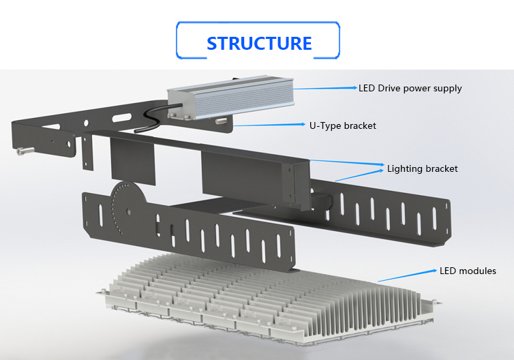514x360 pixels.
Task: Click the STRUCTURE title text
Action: pyautogui.click(x=258, y=43)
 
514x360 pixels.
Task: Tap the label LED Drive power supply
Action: pyautogui.click(x=410, y=88)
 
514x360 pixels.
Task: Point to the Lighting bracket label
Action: pyautogui.click(x=422, y=168)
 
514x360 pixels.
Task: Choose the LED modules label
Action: pyautogui.click(x=468, y=271)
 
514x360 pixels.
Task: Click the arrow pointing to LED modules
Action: pyautogui.click(x=406, y=275)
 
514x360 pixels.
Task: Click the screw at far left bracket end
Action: pyautogui.click(x=24, y=151)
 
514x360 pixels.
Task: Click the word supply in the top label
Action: pyautogui.click(x=448, y=89)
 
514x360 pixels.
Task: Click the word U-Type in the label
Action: pyautogui.click(x=324, y=125)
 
